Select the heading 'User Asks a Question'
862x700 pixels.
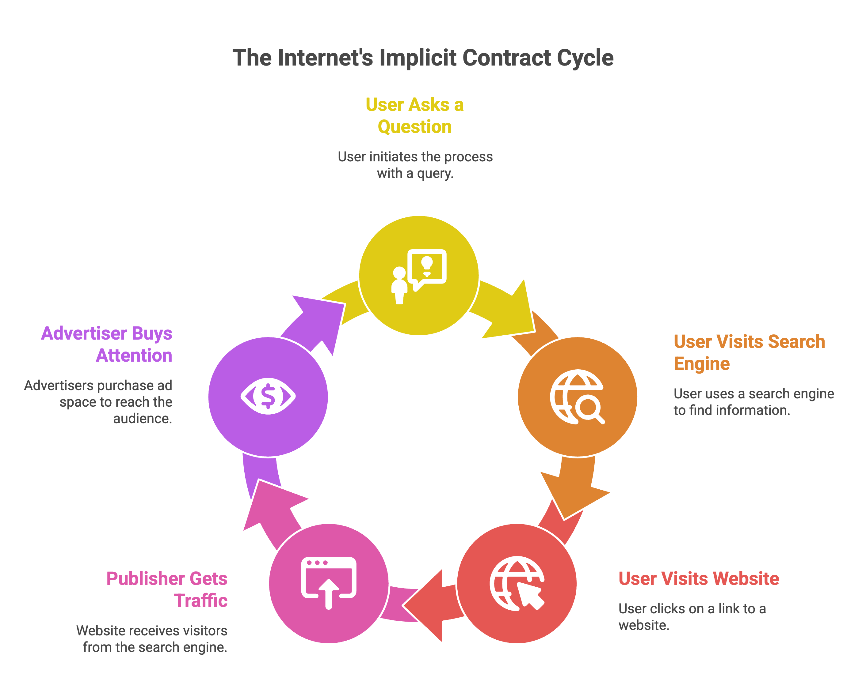[414, 116]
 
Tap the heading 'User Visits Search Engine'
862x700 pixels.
[749, 352]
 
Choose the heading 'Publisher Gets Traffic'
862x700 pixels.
[167, 589]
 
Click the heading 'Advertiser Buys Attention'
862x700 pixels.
[107, 344]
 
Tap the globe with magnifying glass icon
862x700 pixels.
[577, 397]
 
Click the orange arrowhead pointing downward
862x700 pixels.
[573, 494]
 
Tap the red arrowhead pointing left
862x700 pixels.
[426, 605]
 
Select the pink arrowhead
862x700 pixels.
[268, 504]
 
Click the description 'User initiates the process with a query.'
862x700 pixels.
[415, 165]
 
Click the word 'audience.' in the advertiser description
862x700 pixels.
[143, 419]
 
